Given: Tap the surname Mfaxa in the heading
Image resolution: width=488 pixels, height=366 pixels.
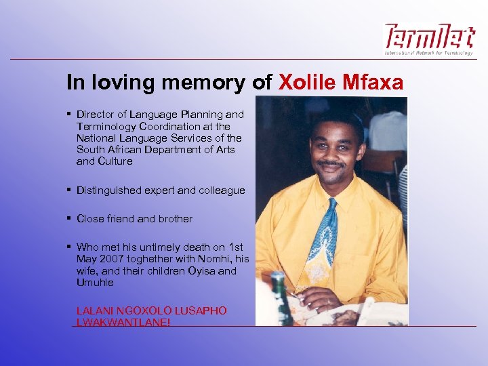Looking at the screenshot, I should (x=377, y=83).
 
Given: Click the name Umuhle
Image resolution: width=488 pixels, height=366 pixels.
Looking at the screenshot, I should (x=95, y=282).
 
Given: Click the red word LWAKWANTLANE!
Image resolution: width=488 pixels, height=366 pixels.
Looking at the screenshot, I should (x=123, y=322).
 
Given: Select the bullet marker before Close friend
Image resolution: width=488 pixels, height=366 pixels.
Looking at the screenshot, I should (x=69, y=219).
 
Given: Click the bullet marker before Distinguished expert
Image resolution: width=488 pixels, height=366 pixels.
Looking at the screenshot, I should (x=69, y=190).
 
